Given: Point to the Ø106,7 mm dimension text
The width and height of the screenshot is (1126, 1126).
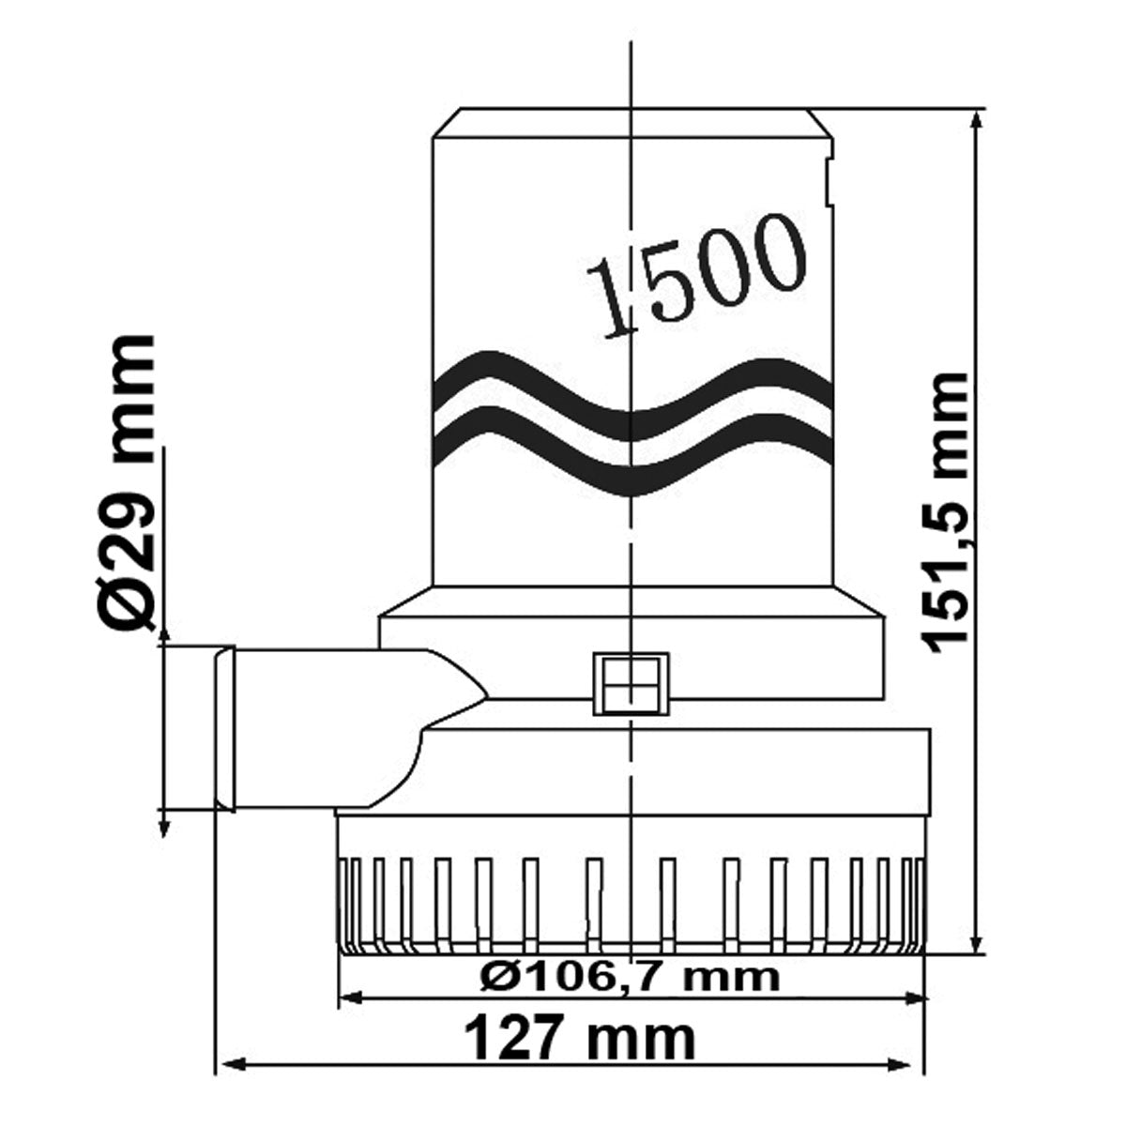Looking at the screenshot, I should pyautogui.click(x=629, y=977).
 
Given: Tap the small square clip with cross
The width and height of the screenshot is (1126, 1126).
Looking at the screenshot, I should pyautogui.click(x=630, y=684).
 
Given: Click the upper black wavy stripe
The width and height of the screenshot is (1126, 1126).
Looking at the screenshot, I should pyautogui.click(x=633, y=389).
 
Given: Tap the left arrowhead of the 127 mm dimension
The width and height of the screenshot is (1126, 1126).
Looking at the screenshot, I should pyautogui.click(x=229, y=1065).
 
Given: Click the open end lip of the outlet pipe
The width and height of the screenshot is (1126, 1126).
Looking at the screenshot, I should pyautogui.click(x=223, y=728).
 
